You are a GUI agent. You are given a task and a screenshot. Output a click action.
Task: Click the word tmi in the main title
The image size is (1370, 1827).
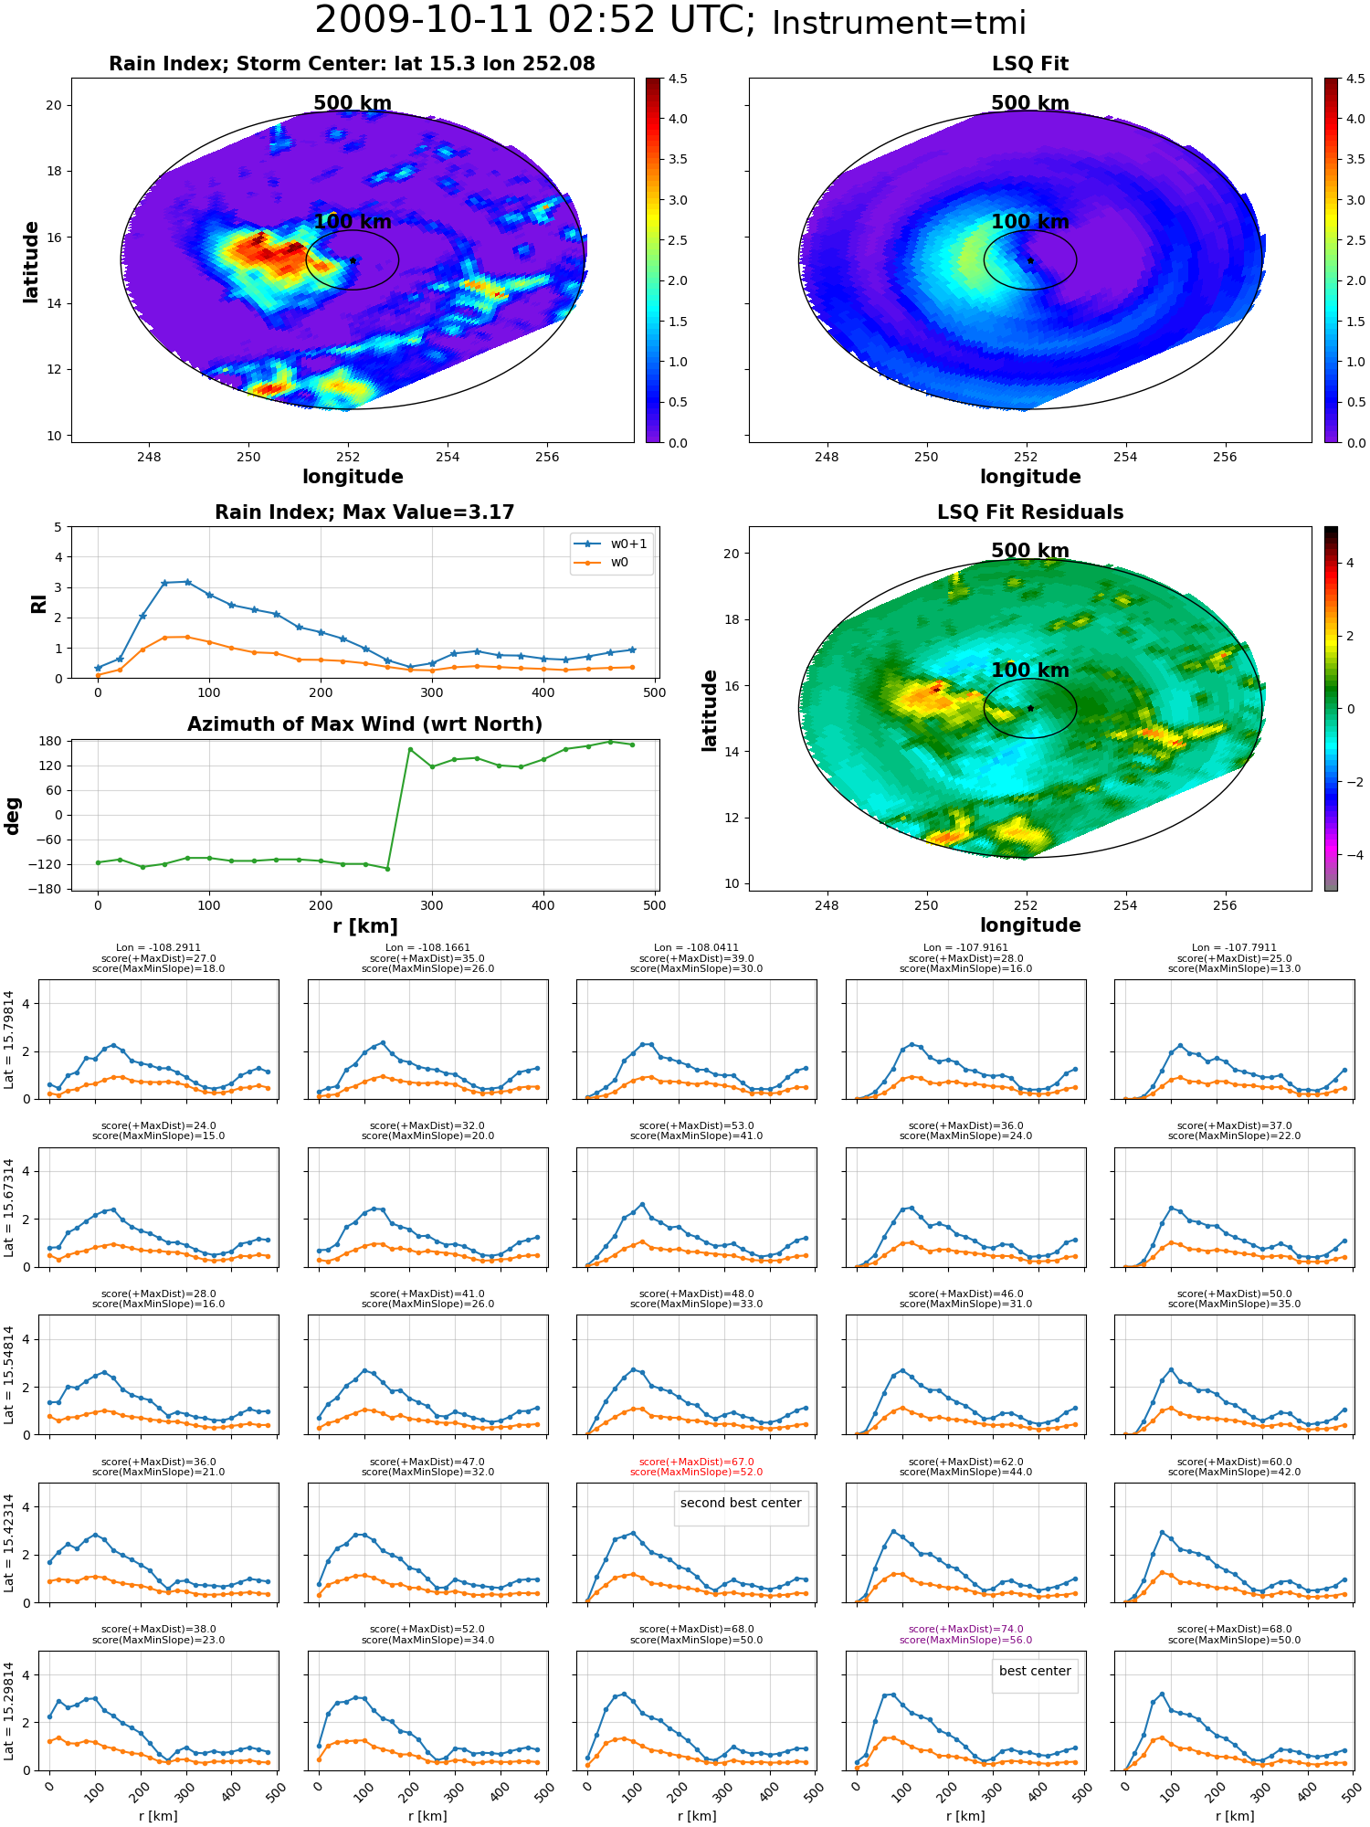pos(990,23)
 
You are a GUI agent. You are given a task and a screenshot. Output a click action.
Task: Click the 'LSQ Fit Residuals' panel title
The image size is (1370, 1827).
pos(1030,512)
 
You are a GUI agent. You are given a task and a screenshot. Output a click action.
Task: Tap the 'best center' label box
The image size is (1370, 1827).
pos(1035,1671)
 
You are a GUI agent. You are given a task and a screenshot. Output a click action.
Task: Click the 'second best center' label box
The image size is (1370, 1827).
pos(741,1503)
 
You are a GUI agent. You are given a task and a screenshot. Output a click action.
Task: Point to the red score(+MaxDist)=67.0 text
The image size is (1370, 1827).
pos(697,1462)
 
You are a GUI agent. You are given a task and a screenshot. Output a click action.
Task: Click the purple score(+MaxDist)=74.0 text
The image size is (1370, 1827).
pos(965,1629)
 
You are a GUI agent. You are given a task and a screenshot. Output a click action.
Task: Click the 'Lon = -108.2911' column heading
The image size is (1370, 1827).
pos(158,948)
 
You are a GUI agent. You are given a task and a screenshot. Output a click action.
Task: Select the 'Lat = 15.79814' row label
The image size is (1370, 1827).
pos(9,1040)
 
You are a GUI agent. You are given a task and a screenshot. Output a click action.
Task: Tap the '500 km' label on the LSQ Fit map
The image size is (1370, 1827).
pos(1030,103)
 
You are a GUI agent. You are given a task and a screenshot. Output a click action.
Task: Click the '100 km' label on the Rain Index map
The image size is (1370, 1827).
pos(353,222)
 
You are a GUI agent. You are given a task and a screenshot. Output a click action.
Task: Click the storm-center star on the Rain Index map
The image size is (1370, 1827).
pos(353,260)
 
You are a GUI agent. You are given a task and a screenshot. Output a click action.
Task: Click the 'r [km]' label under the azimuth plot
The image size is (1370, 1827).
pos(365,926)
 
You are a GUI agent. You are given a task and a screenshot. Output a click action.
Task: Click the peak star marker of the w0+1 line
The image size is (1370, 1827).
pos(187,582)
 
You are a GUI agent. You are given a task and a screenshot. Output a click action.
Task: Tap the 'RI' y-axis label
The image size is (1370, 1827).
pos(38,604)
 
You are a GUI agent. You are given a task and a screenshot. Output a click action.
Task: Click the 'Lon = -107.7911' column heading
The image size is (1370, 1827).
pos(1234,948)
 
